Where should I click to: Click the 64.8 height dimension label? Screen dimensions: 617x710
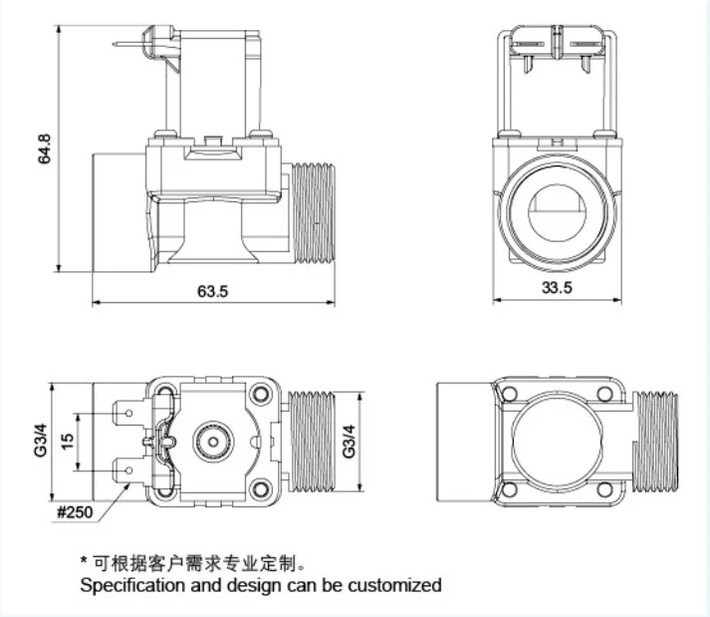point(43,149)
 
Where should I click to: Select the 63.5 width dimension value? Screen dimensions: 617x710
point(212,291)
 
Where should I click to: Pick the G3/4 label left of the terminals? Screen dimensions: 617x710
point(41,440)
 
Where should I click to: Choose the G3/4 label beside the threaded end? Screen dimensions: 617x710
point(349,440)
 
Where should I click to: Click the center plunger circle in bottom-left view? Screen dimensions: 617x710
point(211,440)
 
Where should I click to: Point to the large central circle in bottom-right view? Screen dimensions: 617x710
point(559,439)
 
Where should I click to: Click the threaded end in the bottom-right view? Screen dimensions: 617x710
point(654,439)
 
